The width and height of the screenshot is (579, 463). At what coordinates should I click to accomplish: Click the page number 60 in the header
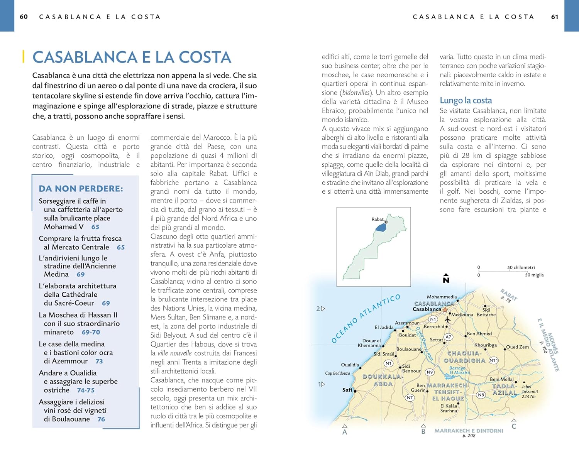pos(24,17)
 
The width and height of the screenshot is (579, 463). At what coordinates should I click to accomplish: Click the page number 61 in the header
pos(555,17)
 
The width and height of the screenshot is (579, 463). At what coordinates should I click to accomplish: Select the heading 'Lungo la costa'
pos(466,100)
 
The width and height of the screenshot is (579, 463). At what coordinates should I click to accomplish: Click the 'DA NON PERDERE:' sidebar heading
pos(81,188)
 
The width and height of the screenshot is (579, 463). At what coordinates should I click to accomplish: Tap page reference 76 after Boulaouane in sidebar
pos(101,419)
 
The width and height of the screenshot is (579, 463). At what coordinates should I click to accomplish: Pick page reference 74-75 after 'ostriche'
pos(86,390)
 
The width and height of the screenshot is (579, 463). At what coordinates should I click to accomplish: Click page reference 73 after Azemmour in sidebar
pos(99,361)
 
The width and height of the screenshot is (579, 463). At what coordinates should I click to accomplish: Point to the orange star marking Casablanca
pos(445,309)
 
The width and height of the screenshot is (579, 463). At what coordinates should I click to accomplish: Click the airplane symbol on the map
pos(448,319)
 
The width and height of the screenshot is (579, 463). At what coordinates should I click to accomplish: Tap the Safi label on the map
pos(347,390)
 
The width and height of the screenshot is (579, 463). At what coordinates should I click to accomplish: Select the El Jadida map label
pos(384,327)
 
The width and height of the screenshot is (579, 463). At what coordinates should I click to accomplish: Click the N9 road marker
pos(430,372)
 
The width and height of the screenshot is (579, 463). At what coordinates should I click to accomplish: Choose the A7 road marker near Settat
pos(448,337)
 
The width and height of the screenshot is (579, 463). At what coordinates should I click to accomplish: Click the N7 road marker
pos(410,397)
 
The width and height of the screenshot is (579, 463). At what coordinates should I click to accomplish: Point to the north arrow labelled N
pos(446,279)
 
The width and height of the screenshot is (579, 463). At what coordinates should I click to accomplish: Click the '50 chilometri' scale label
pos(521,267)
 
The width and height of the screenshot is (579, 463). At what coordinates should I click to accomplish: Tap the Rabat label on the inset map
pos(377,219)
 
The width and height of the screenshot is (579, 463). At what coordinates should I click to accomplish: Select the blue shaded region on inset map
pos(381,227)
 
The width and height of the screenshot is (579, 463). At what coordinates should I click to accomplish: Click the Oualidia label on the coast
pos(350,365)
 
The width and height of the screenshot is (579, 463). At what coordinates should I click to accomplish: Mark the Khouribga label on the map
pos(485,345)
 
